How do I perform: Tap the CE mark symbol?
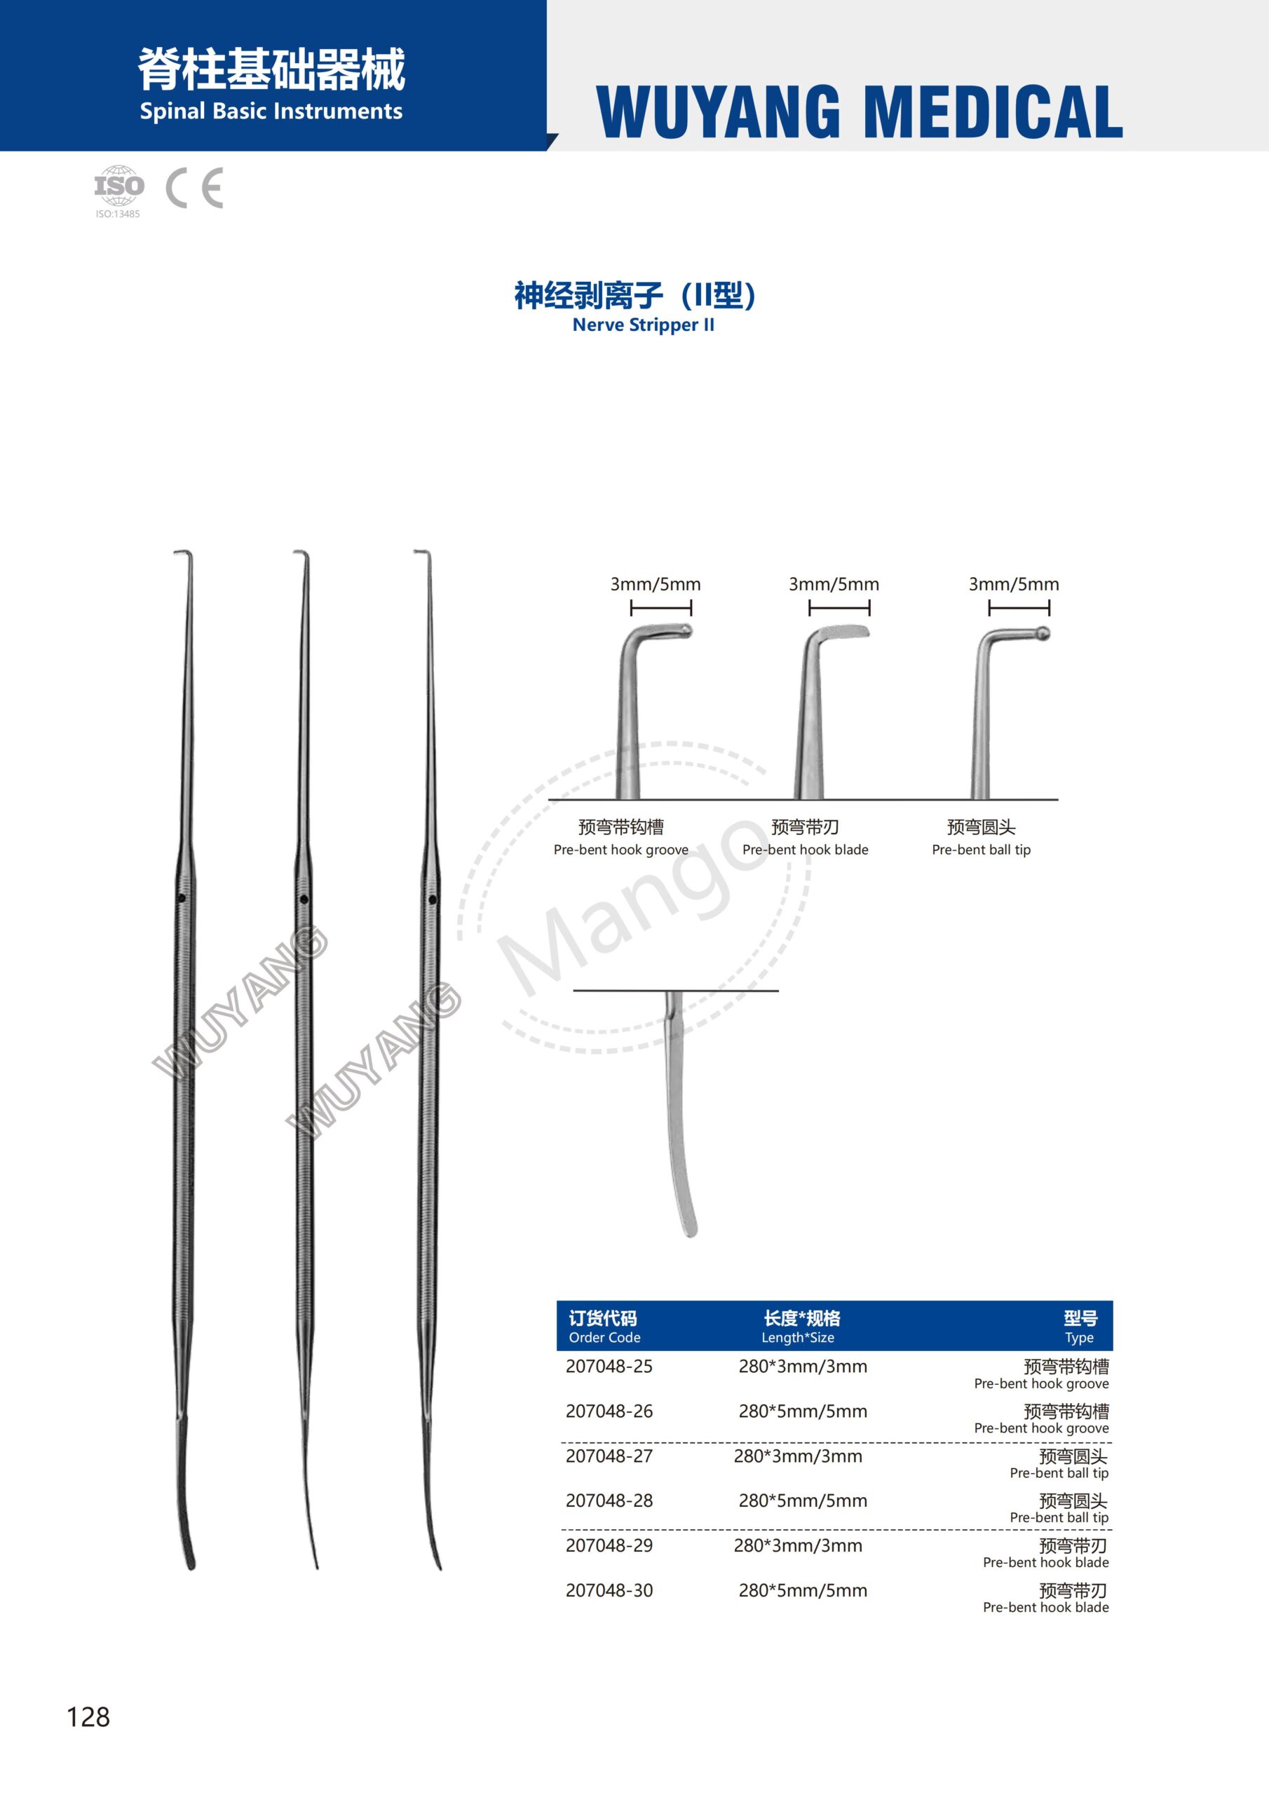point(195,188)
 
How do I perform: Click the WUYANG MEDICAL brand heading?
point(860,111)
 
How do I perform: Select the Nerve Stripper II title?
point(643,325)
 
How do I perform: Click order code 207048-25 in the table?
point(609,1366)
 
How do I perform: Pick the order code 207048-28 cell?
point(609,1501)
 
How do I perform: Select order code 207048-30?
point(609,1590)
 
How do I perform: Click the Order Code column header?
point(604,1327)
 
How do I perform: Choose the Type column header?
point(1080,1327)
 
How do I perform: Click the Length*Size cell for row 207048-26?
point(803,1411)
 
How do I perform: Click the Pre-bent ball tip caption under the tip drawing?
point(982,849)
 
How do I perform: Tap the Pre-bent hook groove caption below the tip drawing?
point(620,849)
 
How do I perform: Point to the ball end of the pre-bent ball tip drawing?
point(1043,632)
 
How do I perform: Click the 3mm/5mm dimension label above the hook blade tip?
point(834,584)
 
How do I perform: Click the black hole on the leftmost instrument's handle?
point(182,898)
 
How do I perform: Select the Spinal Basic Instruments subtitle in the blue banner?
point(271,111)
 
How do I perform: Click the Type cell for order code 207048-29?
point(1046,1552)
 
